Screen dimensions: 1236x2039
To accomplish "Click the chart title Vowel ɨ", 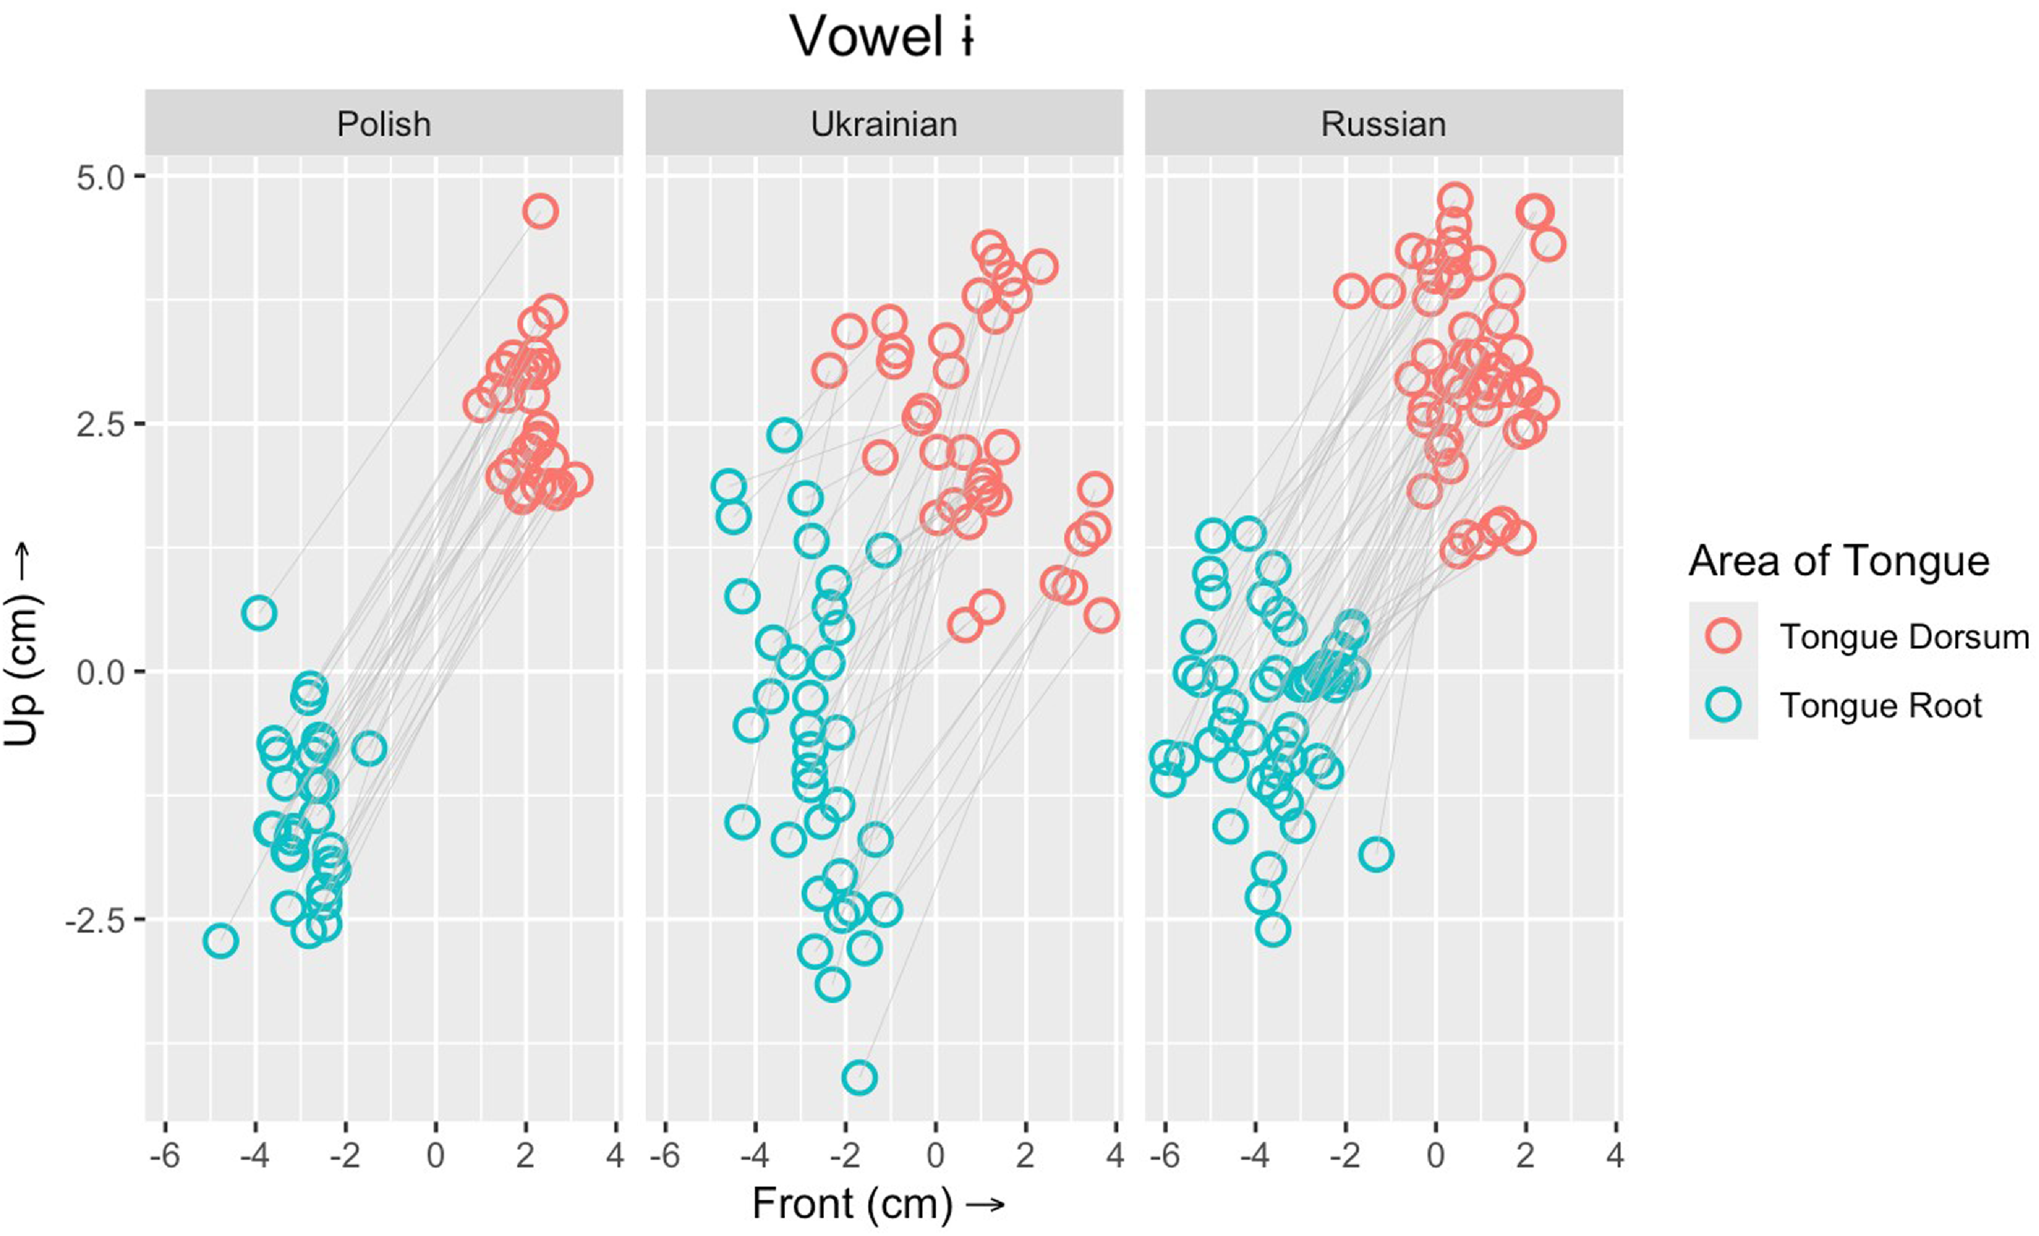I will click(882, 37).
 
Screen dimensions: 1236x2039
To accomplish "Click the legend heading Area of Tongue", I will click(1839, 562).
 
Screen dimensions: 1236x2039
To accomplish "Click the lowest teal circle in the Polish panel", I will click(220, 940).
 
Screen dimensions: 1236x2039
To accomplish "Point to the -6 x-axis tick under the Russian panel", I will click(1165, 1156).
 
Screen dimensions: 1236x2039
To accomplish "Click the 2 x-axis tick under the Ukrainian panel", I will click(1026, 1156).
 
